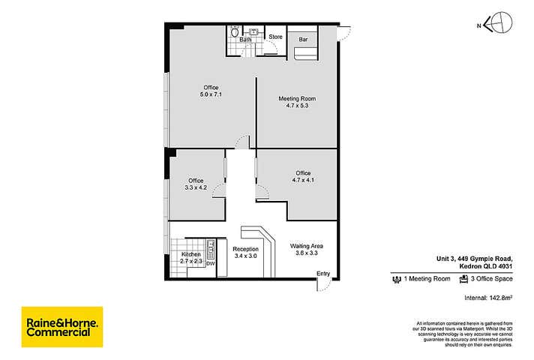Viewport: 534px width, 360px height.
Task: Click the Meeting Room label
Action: point(297,98)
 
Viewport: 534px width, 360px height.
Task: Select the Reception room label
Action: point(245,249)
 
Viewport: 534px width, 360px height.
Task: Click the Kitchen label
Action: point(191,255)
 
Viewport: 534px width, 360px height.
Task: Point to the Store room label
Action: point(275,36)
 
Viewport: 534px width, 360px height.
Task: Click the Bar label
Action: point(304,38)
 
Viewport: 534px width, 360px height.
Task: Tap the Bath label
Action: point(244,39)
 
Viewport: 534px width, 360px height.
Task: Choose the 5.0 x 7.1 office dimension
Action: point(210,95)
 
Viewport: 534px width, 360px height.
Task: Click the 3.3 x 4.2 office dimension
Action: point(196,188)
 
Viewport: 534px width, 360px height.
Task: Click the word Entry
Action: point(322,273)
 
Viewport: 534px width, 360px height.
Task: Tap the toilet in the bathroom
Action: point(235,31)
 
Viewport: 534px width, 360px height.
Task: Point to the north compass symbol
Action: point(497,24)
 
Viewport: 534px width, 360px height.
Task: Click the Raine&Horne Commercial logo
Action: point(62,326)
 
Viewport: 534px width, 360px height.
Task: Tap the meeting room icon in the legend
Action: point(397,279)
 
